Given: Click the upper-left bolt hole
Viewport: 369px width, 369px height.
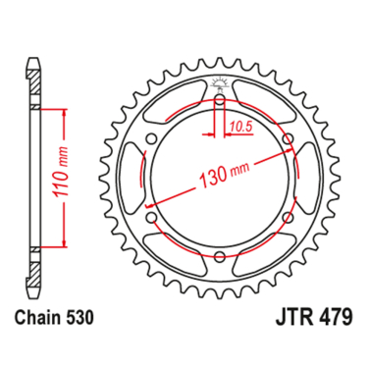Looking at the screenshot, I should point(150,141).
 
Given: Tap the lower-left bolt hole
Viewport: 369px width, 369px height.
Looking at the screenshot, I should point(150,219).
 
